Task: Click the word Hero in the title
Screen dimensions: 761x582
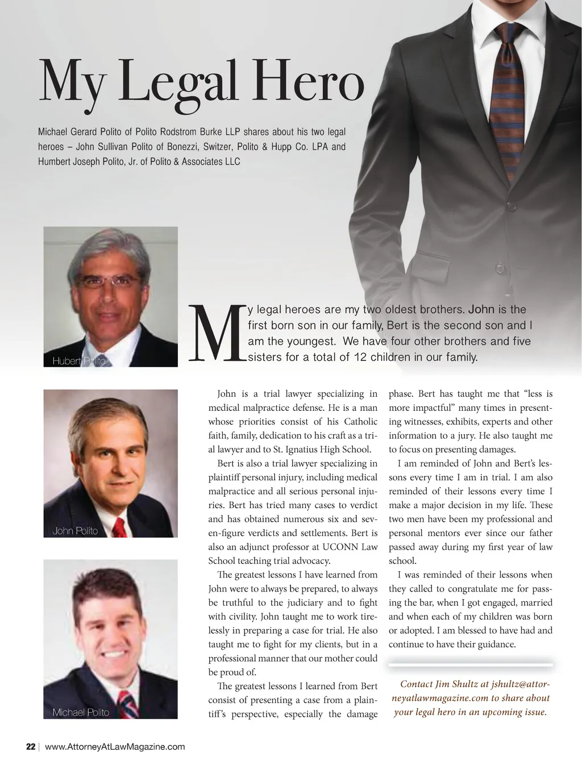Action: (308, 84)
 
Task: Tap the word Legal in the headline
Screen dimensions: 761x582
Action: (178, 85)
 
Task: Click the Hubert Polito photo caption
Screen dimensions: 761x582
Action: (79, 361)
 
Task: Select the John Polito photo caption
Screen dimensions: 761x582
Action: (75, 531)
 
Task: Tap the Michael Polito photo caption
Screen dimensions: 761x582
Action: (81, 712)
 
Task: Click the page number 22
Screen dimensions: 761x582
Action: (31, 747)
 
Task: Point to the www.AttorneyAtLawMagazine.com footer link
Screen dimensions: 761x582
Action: (115, 747)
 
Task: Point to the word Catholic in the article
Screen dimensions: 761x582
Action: (361, 421)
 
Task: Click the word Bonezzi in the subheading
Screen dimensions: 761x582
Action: (183, 147)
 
